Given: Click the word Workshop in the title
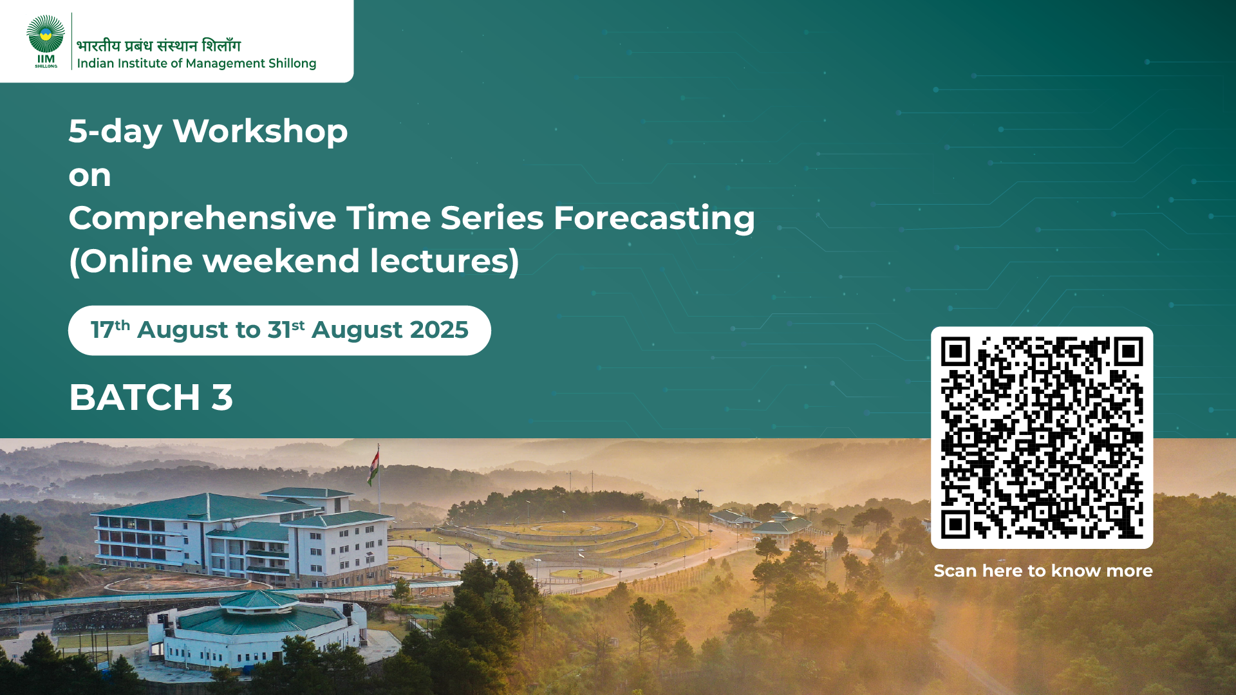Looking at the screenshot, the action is coord(260,132).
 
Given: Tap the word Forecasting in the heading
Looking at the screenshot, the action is coord(654,219).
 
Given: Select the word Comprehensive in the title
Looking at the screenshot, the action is coord(202,219).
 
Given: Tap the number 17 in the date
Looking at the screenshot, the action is coord(102,330).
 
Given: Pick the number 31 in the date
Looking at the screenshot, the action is coord(279,330).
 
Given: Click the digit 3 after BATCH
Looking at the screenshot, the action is coord(222,398).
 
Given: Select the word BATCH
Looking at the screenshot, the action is coord(135,398).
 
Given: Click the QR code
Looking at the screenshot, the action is coord(1042,438).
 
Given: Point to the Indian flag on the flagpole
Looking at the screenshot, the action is coord(373,467).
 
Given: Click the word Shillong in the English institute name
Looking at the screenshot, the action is coord(292,64).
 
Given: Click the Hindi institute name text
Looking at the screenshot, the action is coord(158,46).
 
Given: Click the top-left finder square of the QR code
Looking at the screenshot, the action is coord(955,351).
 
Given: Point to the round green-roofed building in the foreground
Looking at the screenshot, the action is coord(257,627).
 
